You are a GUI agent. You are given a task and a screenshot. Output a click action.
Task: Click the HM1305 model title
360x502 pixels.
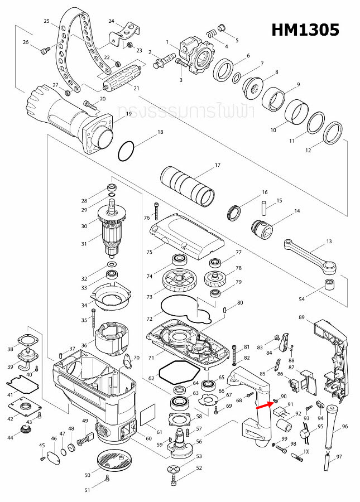coord(305,30)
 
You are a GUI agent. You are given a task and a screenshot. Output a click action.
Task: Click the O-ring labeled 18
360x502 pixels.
coord(127,150)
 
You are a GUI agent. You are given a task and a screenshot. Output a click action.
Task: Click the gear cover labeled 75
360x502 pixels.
coord(187,237)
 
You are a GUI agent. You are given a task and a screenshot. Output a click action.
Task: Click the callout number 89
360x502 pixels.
coord(301,317)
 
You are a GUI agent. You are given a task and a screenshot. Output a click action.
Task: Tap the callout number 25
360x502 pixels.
coord(47,21)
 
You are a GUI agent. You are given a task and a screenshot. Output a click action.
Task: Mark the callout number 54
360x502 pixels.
coord(301,300)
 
